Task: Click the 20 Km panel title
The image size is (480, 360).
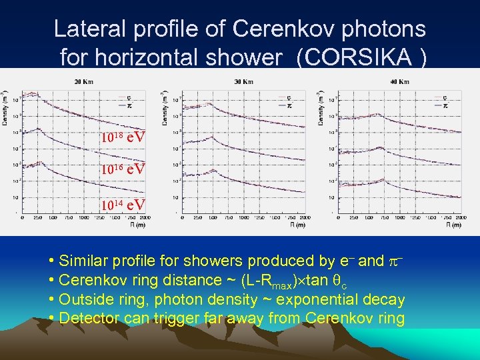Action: point(83,81)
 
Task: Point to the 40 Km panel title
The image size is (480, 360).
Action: point(399,81)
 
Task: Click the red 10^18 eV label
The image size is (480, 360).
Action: point(123,138)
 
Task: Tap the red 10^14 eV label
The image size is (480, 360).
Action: point(123,203)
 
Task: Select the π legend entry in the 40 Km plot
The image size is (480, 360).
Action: point(445,105)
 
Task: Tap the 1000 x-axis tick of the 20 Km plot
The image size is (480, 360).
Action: point(84,218)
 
